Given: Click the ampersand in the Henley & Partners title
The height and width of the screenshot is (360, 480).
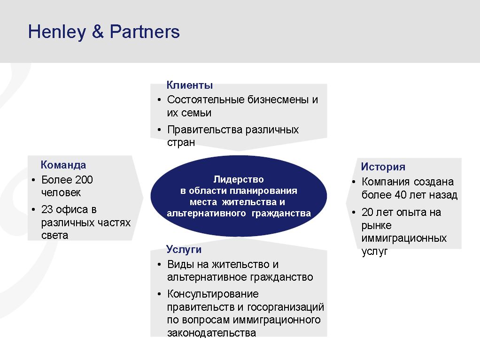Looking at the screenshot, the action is [x=98, y=31].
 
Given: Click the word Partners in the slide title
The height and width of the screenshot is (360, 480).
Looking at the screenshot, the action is [x=145, y=31].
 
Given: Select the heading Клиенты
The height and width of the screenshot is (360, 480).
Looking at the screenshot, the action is [x=189, y=85].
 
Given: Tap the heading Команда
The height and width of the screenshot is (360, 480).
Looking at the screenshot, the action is [x=63, y=165].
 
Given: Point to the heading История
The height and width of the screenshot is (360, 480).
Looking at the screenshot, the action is [x=383, y=167].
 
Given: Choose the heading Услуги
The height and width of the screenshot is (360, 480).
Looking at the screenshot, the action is [x=184, y=249].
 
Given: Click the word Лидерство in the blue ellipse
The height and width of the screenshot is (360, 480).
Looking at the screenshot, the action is [x=239, y=179].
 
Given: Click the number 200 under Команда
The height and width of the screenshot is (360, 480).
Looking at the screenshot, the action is [x=84, y=180].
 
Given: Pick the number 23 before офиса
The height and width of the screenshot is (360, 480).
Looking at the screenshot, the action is [x=47, y=209].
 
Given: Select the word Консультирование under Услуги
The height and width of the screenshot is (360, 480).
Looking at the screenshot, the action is [x=213, y=294].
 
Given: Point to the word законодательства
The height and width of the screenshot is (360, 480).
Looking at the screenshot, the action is [x=211, y=333].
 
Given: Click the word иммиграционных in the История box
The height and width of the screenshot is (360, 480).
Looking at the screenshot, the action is [x=404, y=238].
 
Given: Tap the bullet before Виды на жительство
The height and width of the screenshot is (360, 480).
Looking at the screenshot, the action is [x=159, y=265].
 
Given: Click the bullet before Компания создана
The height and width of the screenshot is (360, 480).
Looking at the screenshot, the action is [x=354, y=182].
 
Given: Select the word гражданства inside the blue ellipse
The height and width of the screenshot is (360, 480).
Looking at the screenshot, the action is [x=281, y=213].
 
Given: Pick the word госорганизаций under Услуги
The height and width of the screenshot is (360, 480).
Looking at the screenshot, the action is [x=285, y=307].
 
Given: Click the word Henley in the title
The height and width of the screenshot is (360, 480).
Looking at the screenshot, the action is [x=57, y=32].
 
